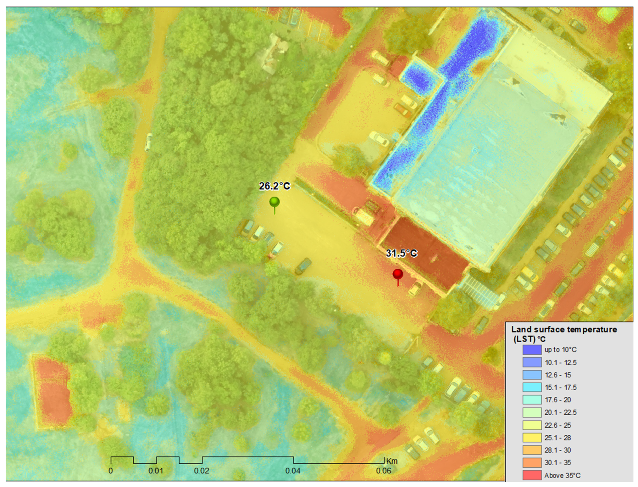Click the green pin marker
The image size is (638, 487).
(274, 202)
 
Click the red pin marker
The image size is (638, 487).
(398, 274)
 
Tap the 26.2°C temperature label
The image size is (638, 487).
(274, 186)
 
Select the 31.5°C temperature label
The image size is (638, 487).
(401, 253)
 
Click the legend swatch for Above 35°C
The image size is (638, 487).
(532, 475)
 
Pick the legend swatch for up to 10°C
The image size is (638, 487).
(532, 350)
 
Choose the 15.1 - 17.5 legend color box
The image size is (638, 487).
(532, 387)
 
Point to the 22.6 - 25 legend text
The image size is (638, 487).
(558, 425)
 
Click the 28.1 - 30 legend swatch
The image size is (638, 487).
(532, 450)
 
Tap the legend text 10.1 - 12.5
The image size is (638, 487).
(560, 363)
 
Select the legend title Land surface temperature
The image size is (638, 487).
(564, 330)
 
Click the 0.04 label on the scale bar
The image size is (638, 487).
(293, 471)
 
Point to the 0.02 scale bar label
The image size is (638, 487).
(201, 471)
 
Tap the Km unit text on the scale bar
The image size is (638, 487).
(392, 461)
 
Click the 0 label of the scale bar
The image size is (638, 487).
(111, 471)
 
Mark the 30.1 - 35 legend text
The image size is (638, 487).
(558, 463)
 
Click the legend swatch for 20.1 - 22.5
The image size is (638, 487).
(532, 413)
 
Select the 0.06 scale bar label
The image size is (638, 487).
(384, 471)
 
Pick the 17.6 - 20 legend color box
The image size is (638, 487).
(532, 400)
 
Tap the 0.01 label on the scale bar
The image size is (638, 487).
(156, 471)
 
